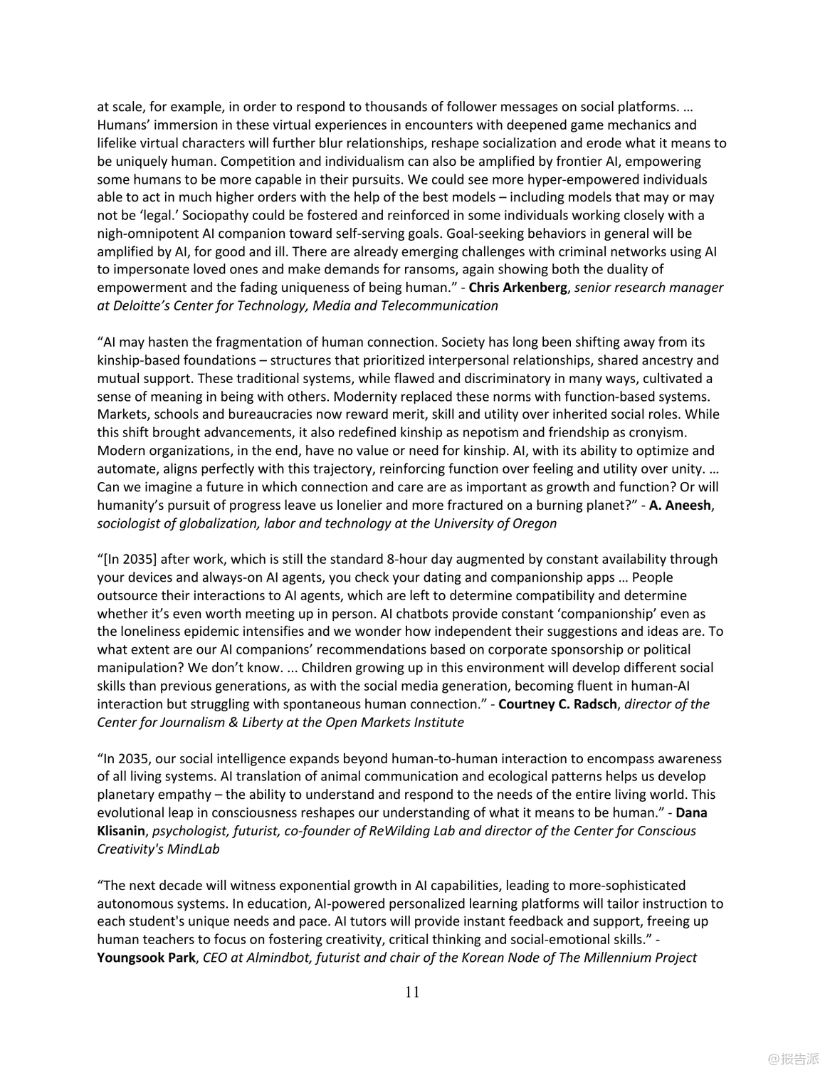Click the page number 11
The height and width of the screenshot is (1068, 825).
point(412,992)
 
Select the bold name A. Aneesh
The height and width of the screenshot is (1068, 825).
point(680,506)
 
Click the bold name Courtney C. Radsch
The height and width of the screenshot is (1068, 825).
point(557,704)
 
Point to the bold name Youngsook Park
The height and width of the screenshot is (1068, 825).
point(146,958)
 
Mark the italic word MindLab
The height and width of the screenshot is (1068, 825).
point(195,849)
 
